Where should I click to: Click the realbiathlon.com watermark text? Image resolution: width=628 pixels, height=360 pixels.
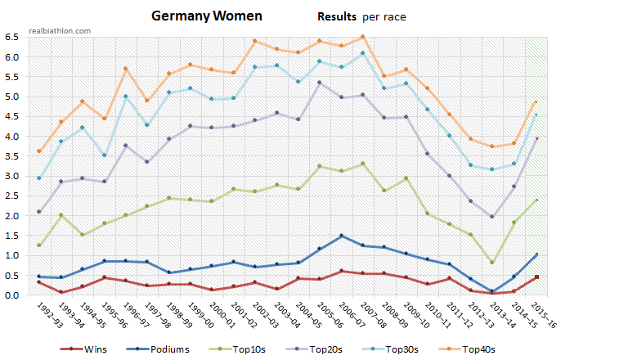click(x=60, y=30)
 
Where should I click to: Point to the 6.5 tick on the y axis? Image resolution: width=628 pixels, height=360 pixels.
click(x=14, y=37)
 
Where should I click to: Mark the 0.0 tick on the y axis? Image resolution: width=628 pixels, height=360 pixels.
click(x=14, y=295)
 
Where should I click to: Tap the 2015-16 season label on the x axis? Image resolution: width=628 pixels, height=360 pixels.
click(x=543, y=313)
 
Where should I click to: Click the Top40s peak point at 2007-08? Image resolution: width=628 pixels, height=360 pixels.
click(x=361, y=36)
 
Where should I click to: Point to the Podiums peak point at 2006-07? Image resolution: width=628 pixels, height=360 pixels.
click(x=340, y=236)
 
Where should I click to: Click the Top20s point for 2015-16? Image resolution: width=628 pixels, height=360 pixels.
click(x=536, y=138)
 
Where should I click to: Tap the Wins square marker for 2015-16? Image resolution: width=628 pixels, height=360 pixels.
click(x=536, y=277)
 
